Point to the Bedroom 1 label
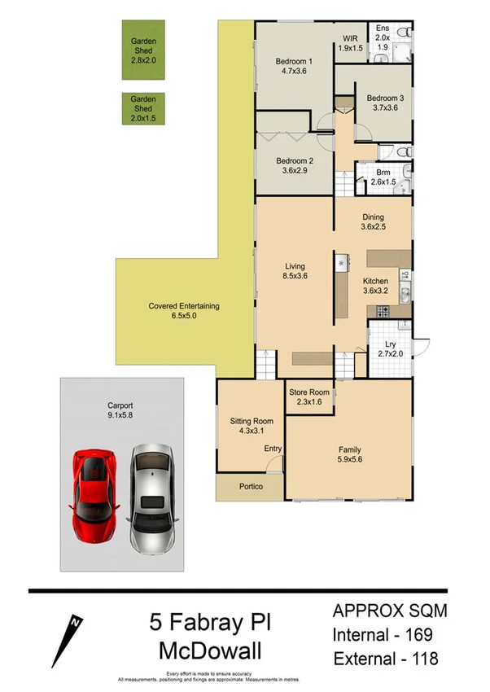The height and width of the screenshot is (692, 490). point(294,63)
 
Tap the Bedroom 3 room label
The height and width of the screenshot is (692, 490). point(385,99)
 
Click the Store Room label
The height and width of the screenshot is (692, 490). point(309,392)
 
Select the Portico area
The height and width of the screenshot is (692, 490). point(249,488)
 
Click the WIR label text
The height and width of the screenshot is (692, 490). point(351,38)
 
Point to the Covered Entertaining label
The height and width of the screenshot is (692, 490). point(183,306)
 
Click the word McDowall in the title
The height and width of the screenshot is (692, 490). point(209,652)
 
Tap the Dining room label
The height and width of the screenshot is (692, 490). point(373,217)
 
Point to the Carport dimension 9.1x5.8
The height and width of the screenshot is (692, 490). point(120,414)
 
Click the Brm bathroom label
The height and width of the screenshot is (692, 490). point(383,172)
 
